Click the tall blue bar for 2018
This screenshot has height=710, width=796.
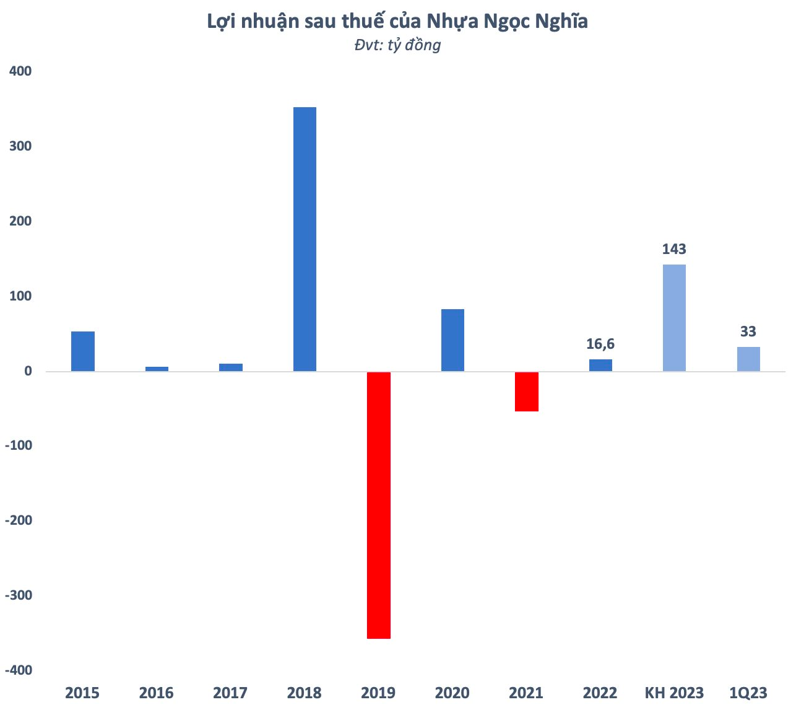point(305,239)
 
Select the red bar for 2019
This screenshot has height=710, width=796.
point(379,505)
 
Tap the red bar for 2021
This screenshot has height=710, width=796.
point(527,392)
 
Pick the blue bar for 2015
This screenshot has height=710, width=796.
point(83,351)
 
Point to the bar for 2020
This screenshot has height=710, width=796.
point(452,340)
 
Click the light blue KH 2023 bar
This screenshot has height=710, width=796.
point(674,318)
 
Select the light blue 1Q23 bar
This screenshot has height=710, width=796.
point(748,359)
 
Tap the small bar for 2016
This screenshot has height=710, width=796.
point(157,369)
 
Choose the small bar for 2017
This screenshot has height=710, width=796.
point(231,367)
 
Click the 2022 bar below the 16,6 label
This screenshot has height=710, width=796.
point(600,366)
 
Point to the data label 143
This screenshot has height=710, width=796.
point(674,249)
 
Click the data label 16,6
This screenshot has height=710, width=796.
point(600,344)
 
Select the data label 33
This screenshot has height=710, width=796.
point(748,331)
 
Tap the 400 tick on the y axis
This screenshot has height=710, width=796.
point(20,71)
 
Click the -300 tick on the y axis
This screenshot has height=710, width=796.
point(18,595)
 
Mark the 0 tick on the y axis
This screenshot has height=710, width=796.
point(28,371)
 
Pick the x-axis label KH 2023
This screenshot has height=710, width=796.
point(674,693)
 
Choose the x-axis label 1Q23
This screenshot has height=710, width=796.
point(748,693)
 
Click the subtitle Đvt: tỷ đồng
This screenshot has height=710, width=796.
point(397,45)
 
